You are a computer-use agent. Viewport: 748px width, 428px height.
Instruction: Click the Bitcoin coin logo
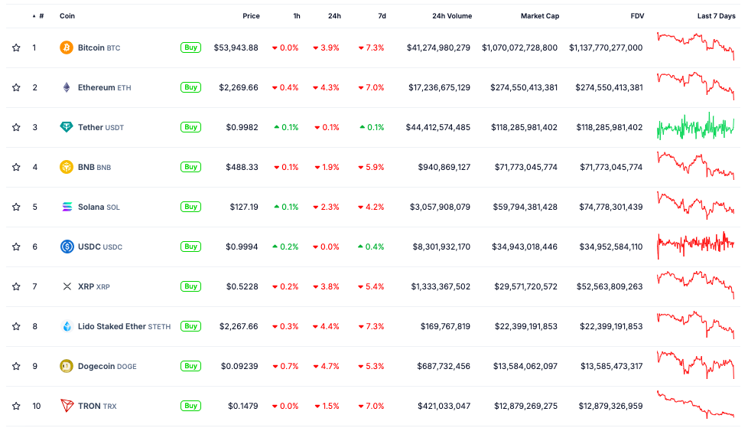click(x=67, y=47)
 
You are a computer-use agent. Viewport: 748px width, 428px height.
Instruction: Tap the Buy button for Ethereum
click(x=190, y=87)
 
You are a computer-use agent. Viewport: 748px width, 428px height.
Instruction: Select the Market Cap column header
click(x=539, y=16)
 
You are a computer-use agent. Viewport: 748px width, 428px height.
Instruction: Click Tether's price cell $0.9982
click(x=242, y=127)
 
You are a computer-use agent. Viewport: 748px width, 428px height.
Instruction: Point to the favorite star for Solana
click(x=16, y=207)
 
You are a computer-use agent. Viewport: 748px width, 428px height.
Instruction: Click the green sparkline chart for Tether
click(x=695, y=127)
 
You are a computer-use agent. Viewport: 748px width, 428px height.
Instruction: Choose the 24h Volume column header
click(x=451, y=16)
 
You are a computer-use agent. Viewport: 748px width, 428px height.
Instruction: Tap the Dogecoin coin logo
click(x=67, y=366)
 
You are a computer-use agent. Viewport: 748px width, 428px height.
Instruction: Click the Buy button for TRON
click(x=190, y=406)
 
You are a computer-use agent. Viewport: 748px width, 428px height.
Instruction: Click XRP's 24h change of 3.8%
click(x=329, y=286)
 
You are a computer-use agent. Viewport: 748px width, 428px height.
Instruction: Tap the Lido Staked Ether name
click(x=112, y=326)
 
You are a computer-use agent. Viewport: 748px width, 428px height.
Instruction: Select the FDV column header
click(x=636, y=16)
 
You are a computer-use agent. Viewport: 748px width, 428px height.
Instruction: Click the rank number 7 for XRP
click(x=34, y=286)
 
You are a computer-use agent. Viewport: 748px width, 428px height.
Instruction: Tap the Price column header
click(x=251, y=16)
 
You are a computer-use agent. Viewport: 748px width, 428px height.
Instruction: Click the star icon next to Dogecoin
click(x=16, y=366)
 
